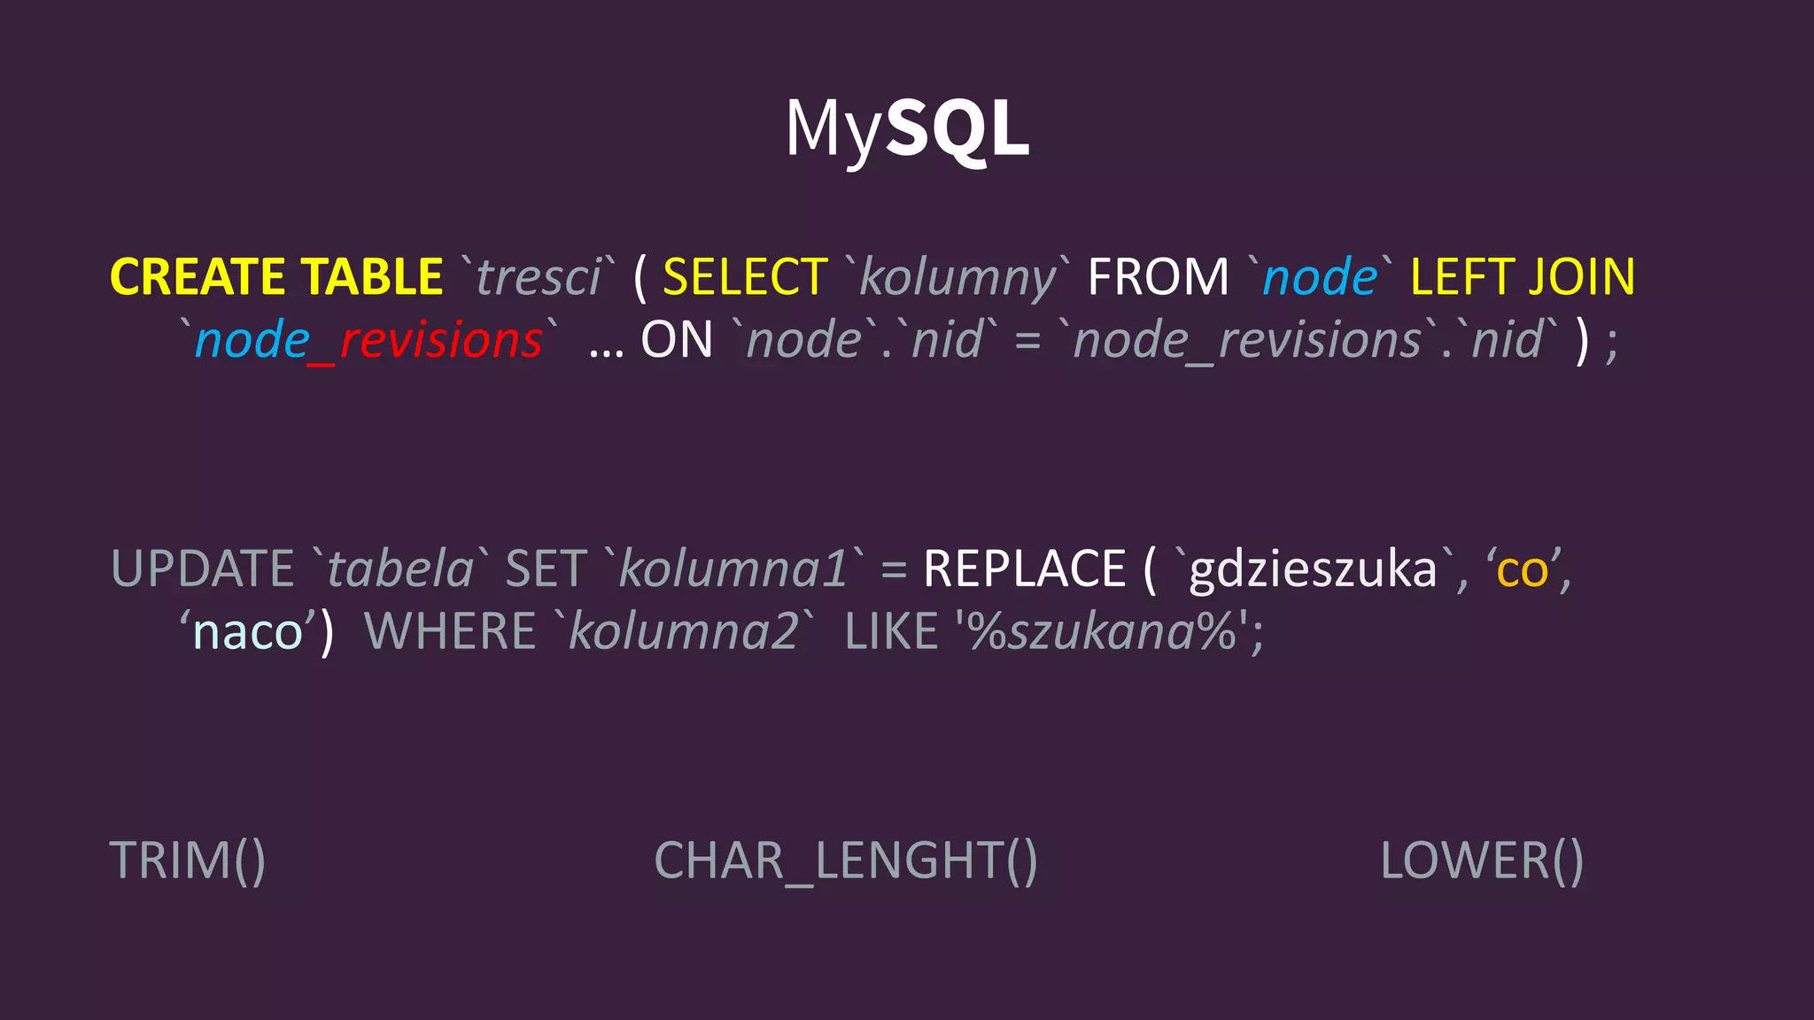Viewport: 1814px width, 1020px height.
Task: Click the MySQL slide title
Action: point(907,128)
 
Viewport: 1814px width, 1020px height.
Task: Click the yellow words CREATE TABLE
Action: point(276,277)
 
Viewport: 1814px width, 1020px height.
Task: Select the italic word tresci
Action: point(539,277)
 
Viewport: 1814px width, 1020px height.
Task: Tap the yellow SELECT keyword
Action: point(745,277)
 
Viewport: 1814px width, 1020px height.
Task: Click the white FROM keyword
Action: point(1158,277)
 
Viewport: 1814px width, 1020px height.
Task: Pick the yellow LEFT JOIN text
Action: point(1522,277)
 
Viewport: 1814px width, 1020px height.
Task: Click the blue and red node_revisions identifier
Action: point(368,341)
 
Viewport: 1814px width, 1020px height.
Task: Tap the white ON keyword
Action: point(677,341)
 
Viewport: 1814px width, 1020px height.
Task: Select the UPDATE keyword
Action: point(202,568)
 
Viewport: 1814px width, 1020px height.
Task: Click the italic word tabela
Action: point(400,568)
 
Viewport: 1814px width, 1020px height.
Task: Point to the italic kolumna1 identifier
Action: point(733,568)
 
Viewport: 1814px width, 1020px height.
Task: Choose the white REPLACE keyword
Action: point(1024,568)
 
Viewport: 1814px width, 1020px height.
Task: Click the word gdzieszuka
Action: point(1313,570)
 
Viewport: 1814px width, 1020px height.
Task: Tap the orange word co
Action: point(1522,570)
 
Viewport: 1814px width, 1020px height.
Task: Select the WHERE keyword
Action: point(450,632)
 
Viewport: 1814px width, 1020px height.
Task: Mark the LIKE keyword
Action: point(891,632)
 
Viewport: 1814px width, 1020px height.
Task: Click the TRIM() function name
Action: point(188,861)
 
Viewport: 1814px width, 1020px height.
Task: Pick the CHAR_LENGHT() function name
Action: point(846,861)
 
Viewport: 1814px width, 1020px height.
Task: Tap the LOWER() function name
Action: point(1482,861)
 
